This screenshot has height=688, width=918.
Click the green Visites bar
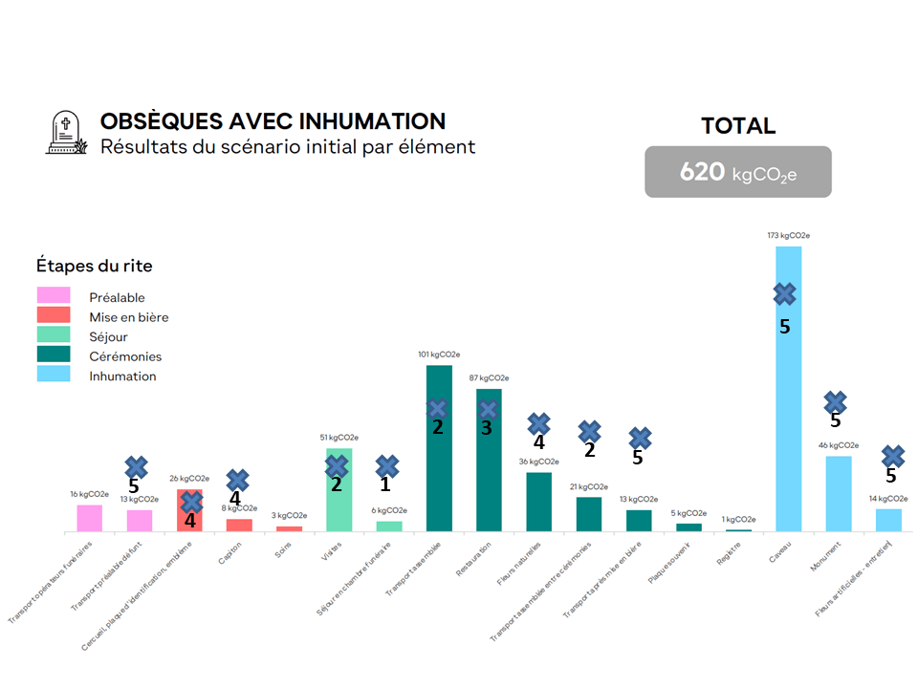(339, 502)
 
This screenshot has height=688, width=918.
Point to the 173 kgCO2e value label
(789, 235)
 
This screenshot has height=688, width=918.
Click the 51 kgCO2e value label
(339, 438)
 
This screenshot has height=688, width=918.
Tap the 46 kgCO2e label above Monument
(839, 445)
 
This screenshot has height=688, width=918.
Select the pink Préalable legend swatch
(53, 296)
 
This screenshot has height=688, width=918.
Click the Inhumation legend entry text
(121, 376)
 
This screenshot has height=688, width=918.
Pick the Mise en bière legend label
(128, 317)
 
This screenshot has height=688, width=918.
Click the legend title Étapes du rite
(94, 266)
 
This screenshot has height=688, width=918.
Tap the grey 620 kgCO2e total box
(737, 172)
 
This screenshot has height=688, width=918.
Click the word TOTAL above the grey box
(737, 126)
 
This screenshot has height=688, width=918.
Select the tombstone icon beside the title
(65, 134)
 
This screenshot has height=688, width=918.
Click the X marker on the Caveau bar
(784, 294)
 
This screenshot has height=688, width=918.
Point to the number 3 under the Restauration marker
(486, 428)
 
